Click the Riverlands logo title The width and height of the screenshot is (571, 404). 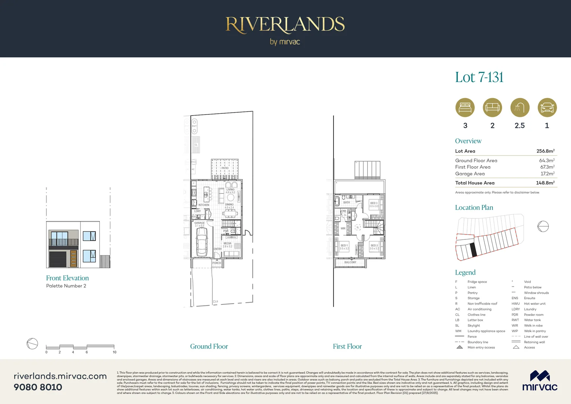click(285, 25)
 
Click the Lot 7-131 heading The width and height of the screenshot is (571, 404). click(479, 77)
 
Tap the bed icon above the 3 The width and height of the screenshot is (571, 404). click(465, 108)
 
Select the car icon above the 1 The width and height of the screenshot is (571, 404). click(547, 108)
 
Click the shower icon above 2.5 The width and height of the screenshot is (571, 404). click(519, 108)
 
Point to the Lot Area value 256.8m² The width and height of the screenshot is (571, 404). click(545, 151)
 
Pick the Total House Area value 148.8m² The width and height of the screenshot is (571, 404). click(545, 183)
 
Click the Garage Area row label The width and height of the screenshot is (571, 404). click(470, 174)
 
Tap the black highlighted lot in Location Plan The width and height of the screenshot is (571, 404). click(473, 250)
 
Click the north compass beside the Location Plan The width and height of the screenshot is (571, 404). click(543, 226)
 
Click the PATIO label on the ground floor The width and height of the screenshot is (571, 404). click(225, 168)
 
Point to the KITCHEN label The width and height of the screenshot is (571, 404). click(204, 205)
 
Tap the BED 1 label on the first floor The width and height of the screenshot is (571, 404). click(344, 245)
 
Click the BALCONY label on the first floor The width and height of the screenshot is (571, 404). click(350, 262)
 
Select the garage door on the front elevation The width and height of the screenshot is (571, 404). click(58, 259)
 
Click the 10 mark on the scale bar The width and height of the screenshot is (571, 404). click(114, 352)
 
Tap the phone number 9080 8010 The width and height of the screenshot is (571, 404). click(38, 387)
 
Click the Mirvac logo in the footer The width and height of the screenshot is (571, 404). click(540, 381)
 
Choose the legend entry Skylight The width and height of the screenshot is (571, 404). click(473, 325)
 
